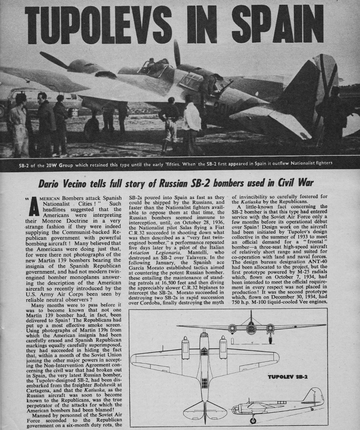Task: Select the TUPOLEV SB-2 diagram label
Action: (288, 376)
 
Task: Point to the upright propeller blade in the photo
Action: (177, 53)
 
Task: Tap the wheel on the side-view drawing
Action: (253, 420)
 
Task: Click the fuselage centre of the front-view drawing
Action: (251, 326)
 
